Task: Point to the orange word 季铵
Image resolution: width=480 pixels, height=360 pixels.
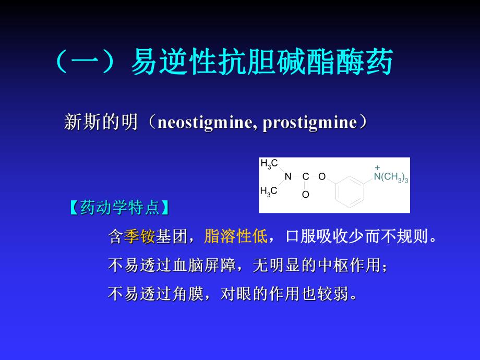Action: [x=139, y=237]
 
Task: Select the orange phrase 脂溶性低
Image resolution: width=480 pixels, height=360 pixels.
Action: [x=235, y=237]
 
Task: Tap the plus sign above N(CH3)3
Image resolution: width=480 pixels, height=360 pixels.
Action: [x=377, y=167]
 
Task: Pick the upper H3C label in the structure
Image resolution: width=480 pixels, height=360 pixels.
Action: [x=269, y=164]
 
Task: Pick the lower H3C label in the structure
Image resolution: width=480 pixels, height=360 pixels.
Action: [x=269, y=191]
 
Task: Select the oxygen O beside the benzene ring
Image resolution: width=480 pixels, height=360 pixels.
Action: [x=322, y=177]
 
